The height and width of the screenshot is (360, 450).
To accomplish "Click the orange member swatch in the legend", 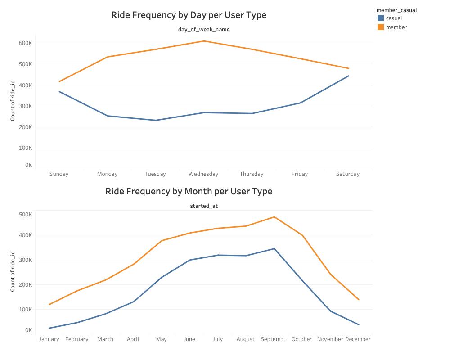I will point(381,27).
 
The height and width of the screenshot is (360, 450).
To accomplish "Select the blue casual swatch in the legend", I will point(381,18).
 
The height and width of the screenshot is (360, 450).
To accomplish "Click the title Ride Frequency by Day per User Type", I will point(189,15).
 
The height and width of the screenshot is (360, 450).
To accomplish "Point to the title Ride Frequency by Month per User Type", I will point(189,191).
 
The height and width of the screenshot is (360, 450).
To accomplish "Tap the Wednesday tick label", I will point(203,174).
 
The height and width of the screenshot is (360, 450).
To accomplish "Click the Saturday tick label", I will point(348,174).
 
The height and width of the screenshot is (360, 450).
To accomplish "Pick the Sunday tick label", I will point(59,174).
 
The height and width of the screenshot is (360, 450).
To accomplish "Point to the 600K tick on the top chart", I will point(25,43).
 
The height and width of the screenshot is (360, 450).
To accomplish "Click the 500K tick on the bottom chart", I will point(25,215).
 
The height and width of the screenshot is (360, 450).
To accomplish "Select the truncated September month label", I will point(274,339).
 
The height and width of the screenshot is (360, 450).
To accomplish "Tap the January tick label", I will point(49,339).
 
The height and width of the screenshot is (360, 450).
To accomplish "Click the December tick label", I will point(358,339).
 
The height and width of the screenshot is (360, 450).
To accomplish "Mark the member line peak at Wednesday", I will point(204,41).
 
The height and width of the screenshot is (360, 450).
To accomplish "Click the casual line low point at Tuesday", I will point(156,120).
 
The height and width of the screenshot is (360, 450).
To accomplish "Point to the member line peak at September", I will point(274,217).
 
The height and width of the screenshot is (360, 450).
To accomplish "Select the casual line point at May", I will point(162,277).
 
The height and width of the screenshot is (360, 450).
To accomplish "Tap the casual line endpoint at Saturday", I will point(348,76).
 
